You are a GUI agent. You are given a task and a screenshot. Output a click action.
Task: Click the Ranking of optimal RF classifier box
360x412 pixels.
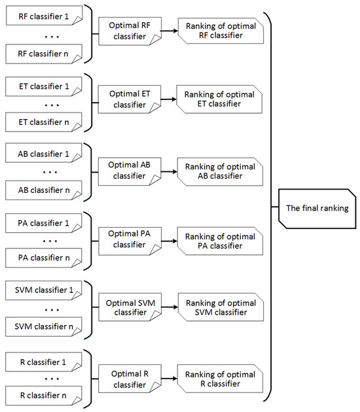221,31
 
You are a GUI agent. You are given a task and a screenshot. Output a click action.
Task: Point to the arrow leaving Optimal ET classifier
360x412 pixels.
167,99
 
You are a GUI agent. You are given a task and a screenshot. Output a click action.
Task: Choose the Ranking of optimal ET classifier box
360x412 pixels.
221,99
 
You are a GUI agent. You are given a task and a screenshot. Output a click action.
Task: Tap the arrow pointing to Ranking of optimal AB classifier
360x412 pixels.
167,171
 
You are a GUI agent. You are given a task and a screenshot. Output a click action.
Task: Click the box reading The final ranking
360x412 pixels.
317,208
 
